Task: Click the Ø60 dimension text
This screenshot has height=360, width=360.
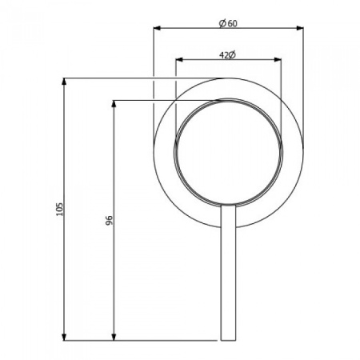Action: coord(228,23)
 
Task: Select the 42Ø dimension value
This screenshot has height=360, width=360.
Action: coord(227,54)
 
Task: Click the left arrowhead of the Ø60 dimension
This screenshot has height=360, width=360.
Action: coord(157,30)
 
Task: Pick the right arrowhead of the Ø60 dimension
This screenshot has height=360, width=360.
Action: coord(301,30)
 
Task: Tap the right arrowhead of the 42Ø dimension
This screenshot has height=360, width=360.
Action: coord(278,60)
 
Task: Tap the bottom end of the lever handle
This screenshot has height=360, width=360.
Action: coord(228,338)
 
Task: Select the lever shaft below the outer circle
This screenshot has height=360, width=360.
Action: coord(228,280)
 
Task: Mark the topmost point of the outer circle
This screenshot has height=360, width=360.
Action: coord(228,78)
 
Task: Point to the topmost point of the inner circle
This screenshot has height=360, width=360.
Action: coord(228,102)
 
